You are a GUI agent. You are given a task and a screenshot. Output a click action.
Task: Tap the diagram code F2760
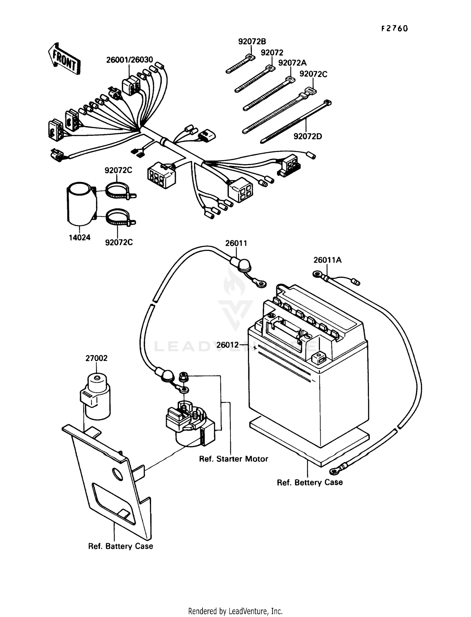tap(394, 29)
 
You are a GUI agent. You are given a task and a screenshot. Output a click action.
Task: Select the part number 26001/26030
tap(129, 60)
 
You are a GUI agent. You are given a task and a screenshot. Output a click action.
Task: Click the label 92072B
tap(252, 42)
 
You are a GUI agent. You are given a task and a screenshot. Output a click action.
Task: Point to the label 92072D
tap(307, 136)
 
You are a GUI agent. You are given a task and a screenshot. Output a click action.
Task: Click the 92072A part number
tap(292, 63)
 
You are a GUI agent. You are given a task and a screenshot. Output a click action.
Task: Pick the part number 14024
tap(79, 237)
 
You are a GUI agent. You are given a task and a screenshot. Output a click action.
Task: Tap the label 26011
tap(236, 243)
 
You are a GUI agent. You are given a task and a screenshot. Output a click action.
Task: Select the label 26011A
tap(327, 260)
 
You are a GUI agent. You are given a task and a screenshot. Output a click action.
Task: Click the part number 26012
tap(227, 345)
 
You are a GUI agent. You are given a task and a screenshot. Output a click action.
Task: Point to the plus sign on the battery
tap(255, 348)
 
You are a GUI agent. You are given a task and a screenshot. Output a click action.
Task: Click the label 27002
tap(96, 358)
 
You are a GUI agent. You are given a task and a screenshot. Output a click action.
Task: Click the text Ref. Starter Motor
tap(233, 459)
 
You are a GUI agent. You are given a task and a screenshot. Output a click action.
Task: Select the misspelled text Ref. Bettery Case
tap(309, 482)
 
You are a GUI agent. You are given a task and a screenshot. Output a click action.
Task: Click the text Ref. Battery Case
tap(121, 546)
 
